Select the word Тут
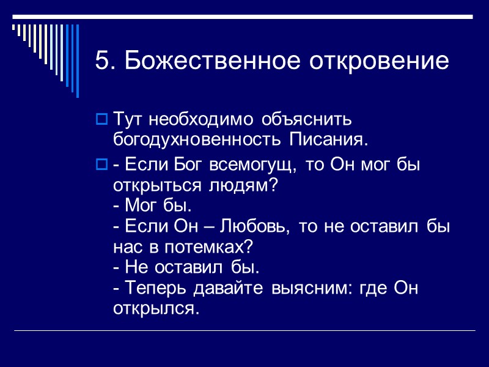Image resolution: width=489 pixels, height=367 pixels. [127, 118]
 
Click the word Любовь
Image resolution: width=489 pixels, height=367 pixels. [249, 227]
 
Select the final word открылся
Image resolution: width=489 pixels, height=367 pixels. [156, 308]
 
